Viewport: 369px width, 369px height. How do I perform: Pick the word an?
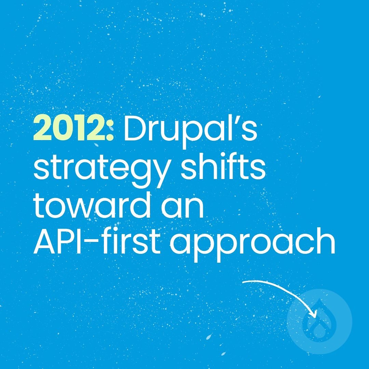pos(187,209)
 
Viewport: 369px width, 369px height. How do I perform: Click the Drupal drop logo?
pos(319,322)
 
